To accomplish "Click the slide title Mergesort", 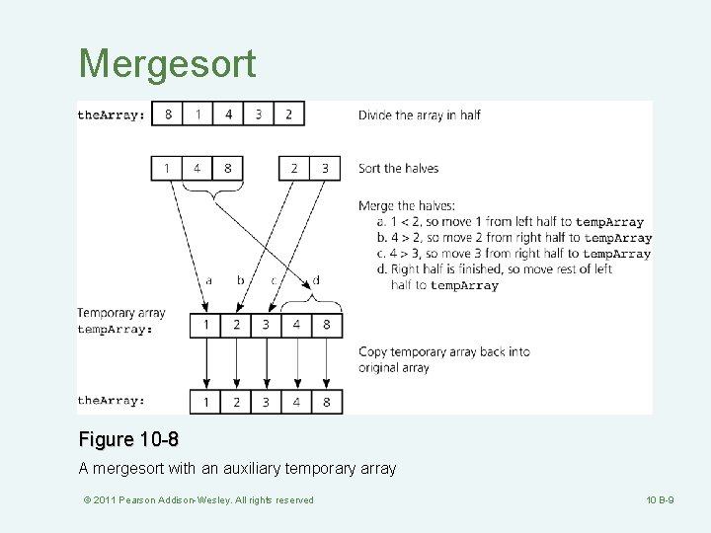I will tap(167, 64).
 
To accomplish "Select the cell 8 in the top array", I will tap(168, 114).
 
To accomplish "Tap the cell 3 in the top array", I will tap(259, 114).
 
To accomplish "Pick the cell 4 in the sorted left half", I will tap(197, 169).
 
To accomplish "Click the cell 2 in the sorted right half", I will tap(294, 169).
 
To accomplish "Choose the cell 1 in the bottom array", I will tap(205, 401).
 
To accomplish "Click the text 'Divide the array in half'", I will tap(420, 114).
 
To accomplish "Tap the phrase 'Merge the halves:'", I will tap(407, 206).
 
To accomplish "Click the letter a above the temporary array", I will tap(208, 280).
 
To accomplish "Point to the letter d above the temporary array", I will tap(315, 279).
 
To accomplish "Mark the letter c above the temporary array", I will tap(274, 280).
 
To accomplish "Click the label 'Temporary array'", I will tap(121, 313).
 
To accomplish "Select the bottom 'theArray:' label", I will tap(112, 401).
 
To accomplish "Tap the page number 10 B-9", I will tap(658, 500).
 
